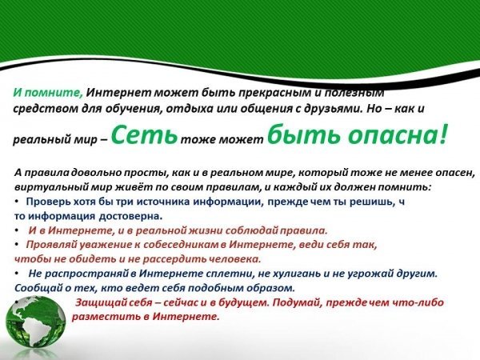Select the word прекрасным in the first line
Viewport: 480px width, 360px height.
point(275,93)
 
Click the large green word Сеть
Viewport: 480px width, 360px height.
point(144,134)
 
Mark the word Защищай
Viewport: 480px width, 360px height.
point(98,302)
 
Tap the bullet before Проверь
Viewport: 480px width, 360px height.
point(17,202)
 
